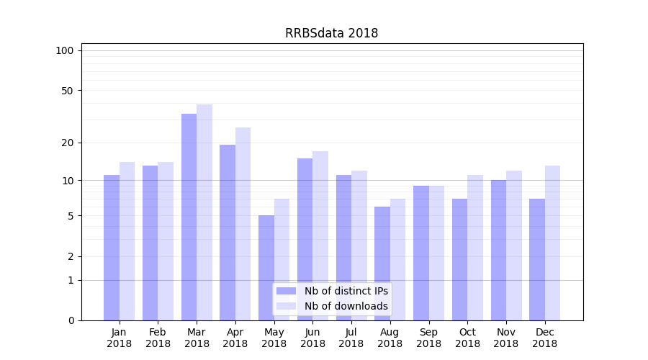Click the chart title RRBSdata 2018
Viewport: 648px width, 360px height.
(331, 33)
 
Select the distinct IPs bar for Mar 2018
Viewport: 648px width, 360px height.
(189, 216)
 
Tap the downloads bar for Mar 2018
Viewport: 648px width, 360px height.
(204, 212)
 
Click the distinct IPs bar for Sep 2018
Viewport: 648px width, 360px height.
(421, 252)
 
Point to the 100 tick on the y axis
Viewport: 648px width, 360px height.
(65, 50)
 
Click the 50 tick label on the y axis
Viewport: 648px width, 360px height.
(67, 91)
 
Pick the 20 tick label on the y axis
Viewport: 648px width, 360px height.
(67, 143)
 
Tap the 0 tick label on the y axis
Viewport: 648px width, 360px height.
(71, 320)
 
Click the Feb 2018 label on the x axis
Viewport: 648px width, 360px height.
(158, 338)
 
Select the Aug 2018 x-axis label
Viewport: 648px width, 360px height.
(390, 338)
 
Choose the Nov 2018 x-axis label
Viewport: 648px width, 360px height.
(506, 338)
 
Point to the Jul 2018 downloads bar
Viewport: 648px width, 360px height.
(359, 245)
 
